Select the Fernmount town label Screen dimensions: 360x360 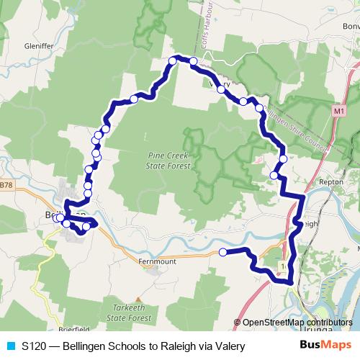click(156, 261)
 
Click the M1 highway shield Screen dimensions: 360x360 click(340, 112)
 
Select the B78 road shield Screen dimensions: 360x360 click(6, 185)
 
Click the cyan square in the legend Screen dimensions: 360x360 click(10, 346)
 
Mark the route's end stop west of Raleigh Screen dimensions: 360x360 click(222, 252)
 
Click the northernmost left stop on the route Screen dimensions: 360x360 click(174, 60)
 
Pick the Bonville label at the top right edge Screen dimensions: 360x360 click(351, 27)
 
